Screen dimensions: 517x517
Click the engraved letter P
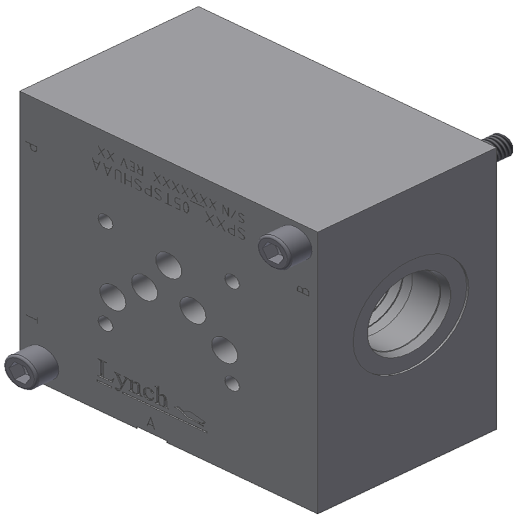(33, 147)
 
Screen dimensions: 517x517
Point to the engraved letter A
(151, 424)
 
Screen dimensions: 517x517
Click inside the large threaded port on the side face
(408, 315)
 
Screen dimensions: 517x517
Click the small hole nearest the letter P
(106, 221)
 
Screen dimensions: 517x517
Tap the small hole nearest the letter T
(106, 323)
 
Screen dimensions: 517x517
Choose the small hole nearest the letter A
(232, 383)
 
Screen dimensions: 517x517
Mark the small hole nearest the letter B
(232, 281)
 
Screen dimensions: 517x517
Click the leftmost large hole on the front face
(113, 297)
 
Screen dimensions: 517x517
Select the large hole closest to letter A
(224, 349)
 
